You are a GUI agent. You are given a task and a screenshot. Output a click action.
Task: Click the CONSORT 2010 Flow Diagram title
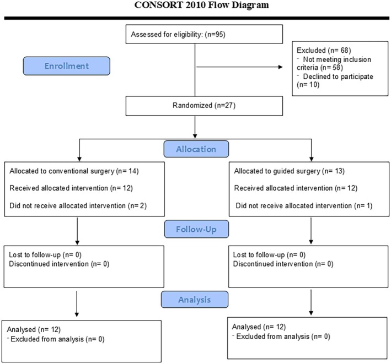pos(201,5)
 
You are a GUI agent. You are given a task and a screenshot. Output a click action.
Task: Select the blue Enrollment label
pos(67,66)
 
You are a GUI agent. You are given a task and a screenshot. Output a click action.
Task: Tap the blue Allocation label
pos(196,149)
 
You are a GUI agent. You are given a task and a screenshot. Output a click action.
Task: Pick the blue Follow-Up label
pos(196,229)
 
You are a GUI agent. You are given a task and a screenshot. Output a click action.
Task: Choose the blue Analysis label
pos(195,300)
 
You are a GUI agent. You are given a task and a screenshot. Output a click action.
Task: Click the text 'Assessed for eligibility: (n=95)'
pos(178,34)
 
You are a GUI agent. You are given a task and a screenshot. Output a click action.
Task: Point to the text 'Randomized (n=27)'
pos(204,105)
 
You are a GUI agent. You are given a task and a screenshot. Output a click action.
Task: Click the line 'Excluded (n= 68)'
pos(324,50)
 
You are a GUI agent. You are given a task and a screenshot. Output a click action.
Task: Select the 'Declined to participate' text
pos(338,77)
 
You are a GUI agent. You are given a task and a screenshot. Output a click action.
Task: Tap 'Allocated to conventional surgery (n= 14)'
pos(74,171)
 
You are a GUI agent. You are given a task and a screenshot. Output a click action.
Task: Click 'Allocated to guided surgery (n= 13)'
pos(290,171)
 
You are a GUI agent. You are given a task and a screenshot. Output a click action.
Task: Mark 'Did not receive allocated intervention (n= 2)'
pos(78,205)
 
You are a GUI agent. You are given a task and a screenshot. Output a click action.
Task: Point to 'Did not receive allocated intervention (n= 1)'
pos(304,205)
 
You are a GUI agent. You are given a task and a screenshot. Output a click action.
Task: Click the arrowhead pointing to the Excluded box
pos(280,67)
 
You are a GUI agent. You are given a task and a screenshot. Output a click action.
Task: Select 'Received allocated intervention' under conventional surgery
pos(58,188)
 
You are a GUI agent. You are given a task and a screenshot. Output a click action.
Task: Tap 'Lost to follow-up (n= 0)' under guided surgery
pos(269,255)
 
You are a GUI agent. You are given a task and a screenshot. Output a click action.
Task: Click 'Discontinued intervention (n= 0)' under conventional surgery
pos(59,264)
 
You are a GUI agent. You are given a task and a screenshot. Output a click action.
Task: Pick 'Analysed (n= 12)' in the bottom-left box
pos(34,329)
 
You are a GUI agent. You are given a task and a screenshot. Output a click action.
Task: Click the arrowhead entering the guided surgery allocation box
pos(311,159)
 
